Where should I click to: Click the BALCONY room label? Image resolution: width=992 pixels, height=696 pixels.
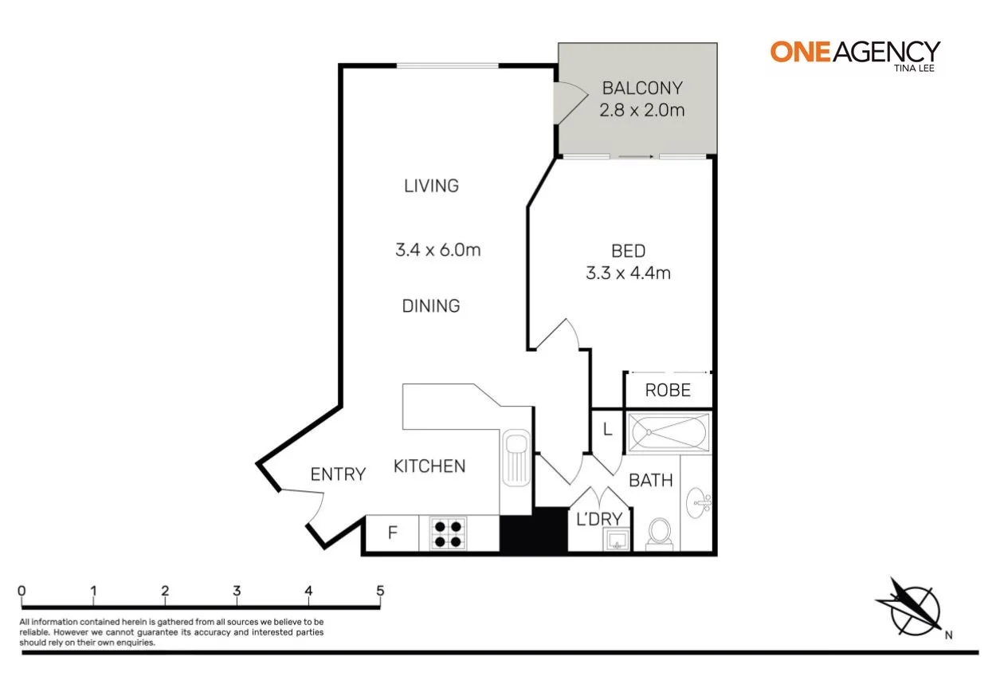(x=642, y=88)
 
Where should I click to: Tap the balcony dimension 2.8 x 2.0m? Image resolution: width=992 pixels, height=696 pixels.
(x=642, y=110)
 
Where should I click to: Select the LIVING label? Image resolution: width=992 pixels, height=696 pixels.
(x=431, y=186)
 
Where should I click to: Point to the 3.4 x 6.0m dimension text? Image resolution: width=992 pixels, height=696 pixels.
(x=437, y=250)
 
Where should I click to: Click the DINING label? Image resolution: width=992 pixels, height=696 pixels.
(x=431, y=305)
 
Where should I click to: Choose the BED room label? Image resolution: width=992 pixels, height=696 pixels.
(x=628, y=251)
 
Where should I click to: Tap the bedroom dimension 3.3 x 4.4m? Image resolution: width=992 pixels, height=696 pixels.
(x=628, y=273)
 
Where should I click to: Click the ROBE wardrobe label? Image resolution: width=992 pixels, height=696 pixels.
(x=667, y=391)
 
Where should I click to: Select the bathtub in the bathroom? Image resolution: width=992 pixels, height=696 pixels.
(x=668, y=433)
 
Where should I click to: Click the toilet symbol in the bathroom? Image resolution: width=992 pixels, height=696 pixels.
(x=660, y=533)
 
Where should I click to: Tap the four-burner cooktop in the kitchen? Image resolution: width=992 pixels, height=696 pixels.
(x=448, y=533)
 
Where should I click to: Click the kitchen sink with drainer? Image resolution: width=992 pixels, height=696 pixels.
(x=516, y=458)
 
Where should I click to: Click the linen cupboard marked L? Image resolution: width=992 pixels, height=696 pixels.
(x=607, y=430)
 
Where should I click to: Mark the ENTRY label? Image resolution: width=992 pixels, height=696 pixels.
(x=338, y=474)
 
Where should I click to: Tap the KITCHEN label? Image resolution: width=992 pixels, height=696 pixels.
(x=429, y=466)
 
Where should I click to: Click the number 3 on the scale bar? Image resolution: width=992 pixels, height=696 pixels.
(x=237, y=591)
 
